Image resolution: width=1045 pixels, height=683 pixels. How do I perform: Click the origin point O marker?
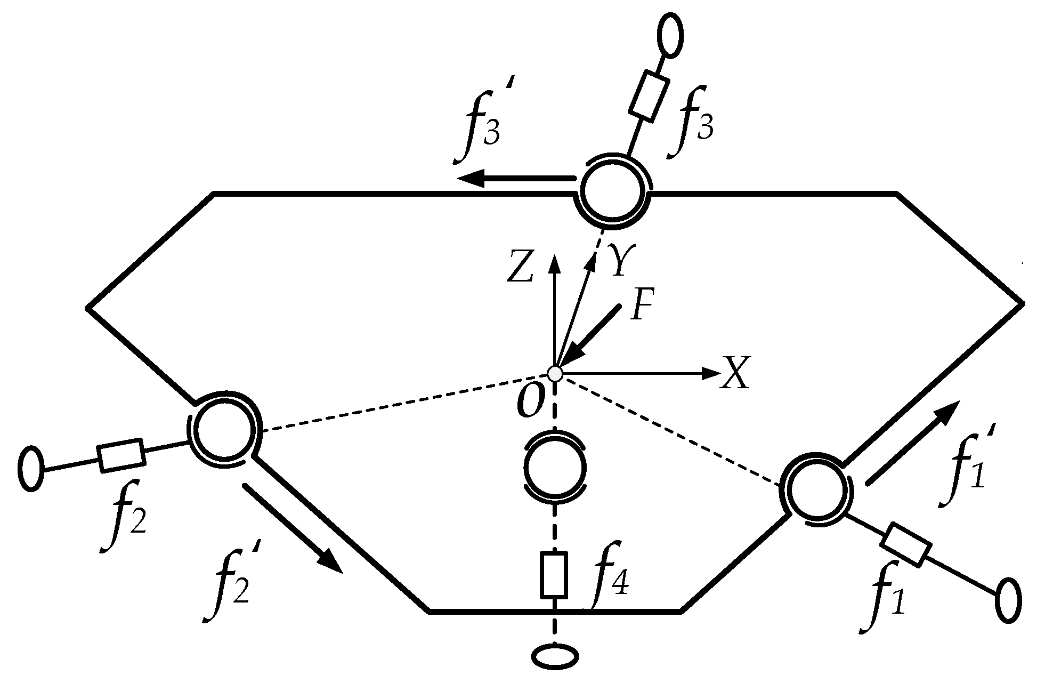[x=555, y=373]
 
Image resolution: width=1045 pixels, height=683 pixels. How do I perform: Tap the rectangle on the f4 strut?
[x=554, y=575]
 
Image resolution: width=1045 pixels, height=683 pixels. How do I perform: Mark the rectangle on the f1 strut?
[x=905, y=545]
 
